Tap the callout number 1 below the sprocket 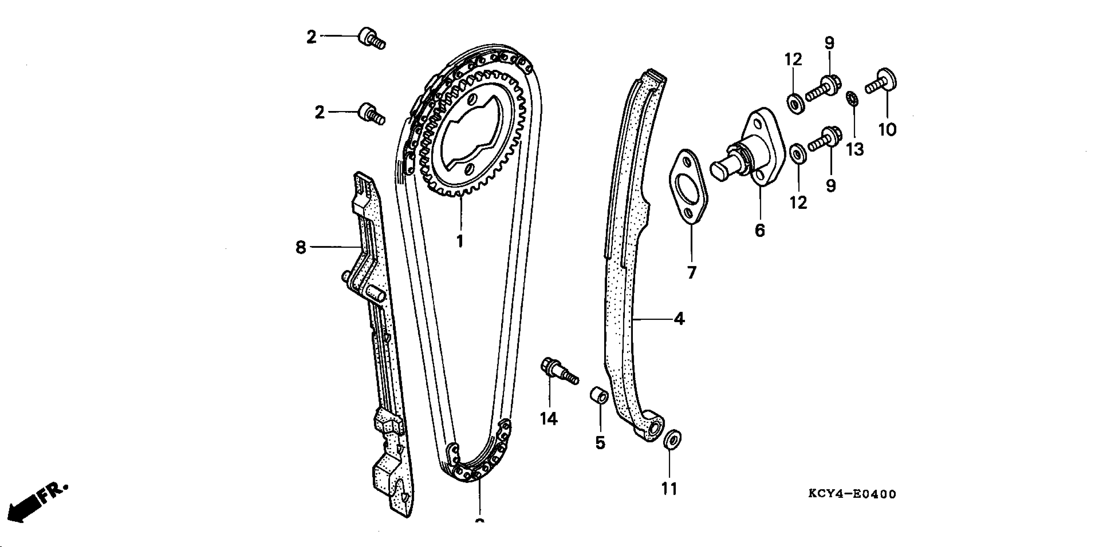[460, 242]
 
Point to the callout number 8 [301, 247]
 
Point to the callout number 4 [679, 319]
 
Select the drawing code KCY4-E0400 [852, 494]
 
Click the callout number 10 [887, 130]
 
